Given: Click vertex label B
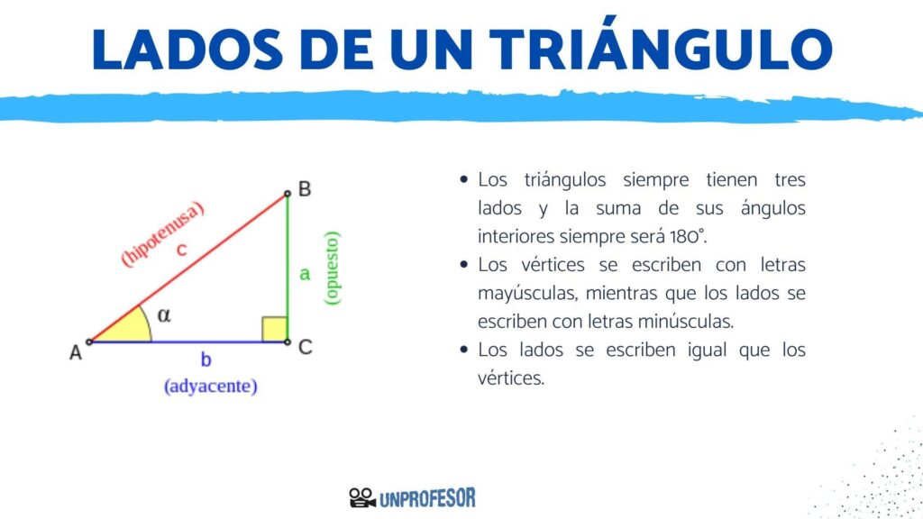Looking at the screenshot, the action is [x=305, y=189].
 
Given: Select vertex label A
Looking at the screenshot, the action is [x=76, y=352].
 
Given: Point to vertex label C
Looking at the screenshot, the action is [x=305, y=347].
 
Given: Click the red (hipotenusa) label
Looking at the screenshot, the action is [x=162, y=233].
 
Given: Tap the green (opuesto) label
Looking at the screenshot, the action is [x=332, y=268].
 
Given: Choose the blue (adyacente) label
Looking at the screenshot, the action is [x=210, y=386].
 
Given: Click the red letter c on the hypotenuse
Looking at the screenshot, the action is [x=182, y=250].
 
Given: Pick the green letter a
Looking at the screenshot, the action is [x=305, y=274].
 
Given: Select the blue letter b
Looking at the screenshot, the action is [x=206, y=359].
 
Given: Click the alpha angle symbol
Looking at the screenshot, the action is [x=164, y=315].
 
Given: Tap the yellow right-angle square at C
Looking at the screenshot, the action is [x=274, y=329].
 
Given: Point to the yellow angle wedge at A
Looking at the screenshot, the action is [x=130, y=328].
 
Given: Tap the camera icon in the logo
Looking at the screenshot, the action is [x=362, y=497].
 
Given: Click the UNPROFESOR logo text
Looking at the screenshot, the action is [x=427, y=498].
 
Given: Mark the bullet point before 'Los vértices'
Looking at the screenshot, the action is [x=464, y=265].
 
